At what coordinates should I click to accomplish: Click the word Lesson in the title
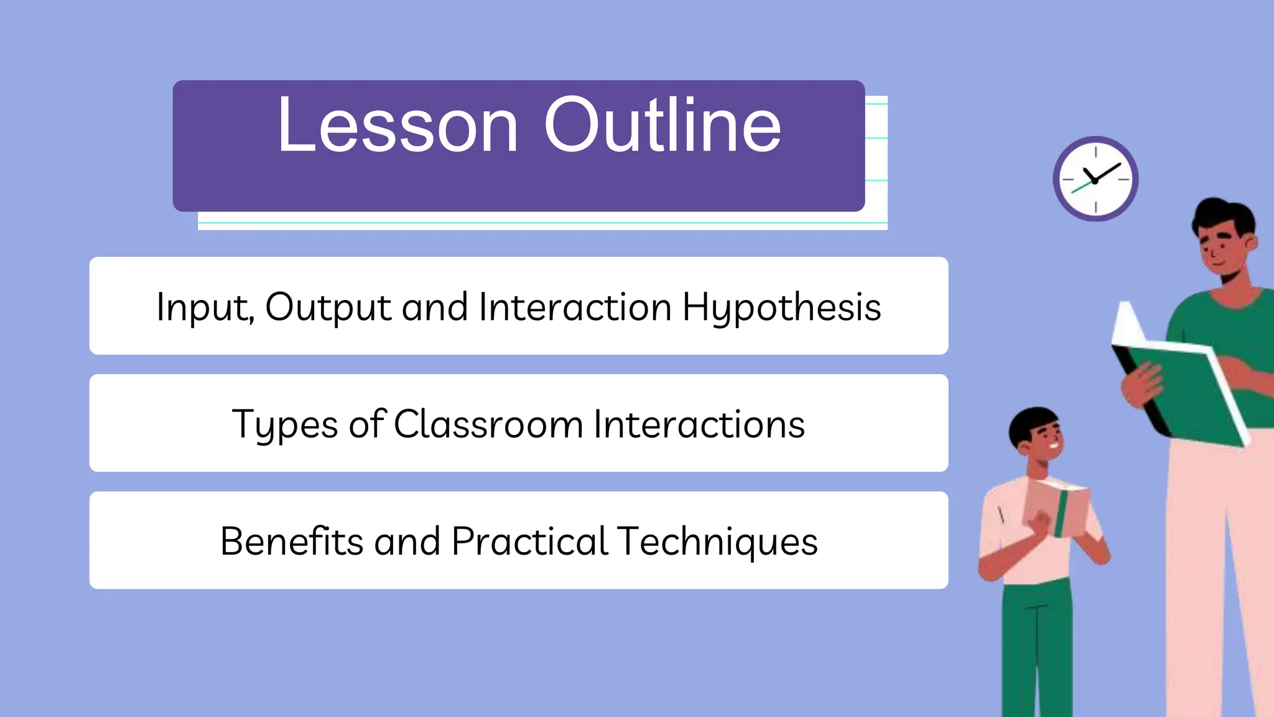[x=398, y=125]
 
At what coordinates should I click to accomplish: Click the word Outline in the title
[x=663, y=125]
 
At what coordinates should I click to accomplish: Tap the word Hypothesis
[x=781, y=307]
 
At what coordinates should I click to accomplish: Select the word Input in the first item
[x=203, y=307]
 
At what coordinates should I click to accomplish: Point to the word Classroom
[x=488, y=424]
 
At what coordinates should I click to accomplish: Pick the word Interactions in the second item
[x=699, y=424]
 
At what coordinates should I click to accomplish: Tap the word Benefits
[x=291, y=541]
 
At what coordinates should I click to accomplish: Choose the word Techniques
[x=718, y=542]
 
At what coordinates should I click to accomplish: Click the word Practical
[x=529, y=541]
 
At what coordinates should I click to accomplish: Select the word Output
[x=328, y=307]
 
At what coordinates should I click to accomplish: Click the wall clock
[x=1095, y=179]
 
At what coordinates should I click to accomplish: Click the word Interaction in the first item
[x=575, y=307]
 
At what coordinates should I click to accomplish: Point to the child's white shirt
[x=1008, y=529]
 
